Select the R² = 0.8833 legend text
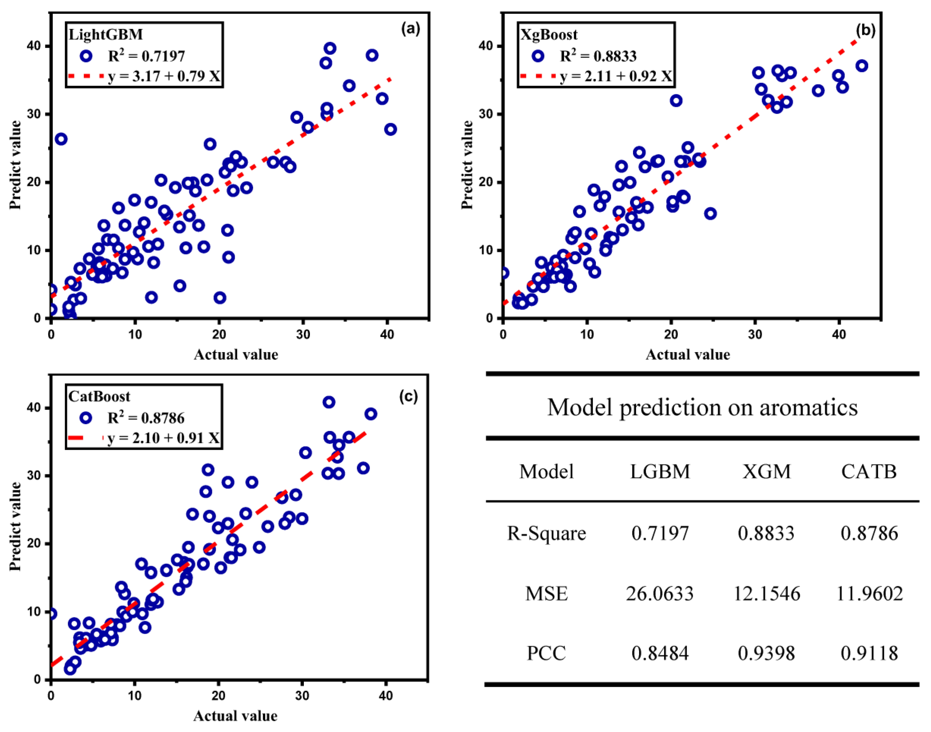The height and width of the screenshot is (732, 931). tap(598, 56)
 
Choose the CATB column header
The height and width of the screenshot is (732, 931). tap(869, 472)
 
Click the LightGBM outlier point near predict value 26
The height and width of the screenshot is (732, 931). tap(61, 139)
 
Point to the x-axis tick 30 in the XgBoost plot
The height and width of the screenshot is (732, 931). tap(755, 334)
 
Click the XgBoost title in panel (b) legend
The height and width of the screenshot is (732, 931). tap(549, 34)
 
